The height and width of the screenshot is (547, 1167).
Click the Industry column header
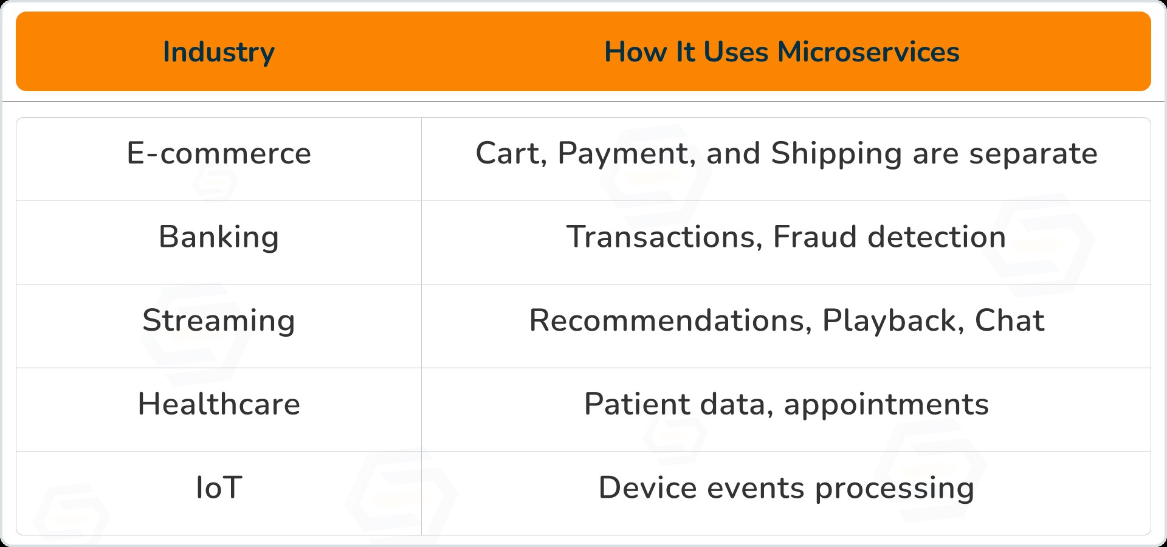pos(219,52)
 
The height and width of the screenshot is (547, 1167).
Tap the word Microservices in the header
pos(869,52)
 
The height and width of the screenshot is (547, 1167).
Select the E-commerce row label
pos(219,153)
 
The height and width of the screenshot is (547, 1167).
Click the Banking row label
pos(219,238)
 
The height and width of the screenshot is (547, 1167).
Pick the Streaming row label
pos(219,321)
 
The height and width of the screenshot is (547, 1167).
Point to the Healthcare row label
pos(219,404)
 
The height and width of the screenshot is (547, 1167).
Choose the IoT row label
pos(219,487)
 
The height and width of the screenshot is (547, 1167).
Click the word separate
pos(1033,155)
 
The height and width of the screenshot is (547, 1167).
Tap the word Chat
pos(1010,320)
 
